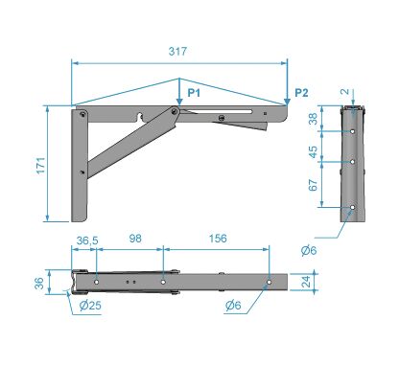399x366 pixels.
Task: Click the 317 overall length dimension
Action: [177, 52]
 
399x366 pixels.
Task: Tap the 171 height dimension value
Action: [41, 166]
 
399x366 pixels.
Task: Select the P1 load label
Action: [194, 93]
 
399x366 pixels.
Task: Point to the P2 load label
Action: [301, 93]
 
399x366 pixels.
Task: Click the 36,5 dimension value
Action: [87, 240]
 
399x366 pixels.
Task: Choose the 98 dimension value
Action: [135, 239]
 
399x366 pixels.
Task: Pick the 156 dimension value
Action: [218, 239]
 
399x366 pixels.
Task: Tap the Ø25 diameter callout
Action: [90, 306]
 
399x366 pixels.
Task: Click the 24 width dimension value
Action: [306, 282]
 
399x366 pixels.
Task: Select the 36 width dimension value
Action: [39, 283]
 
